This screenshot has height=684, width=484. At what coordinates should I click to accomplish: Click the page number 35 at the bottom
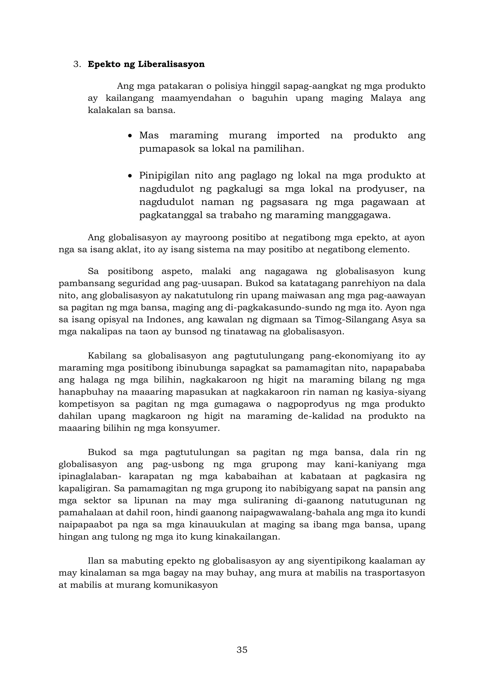tap(242, 650)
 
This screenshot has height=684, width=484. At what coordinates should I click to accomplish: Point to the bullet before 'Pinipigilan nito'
tap(130, 176)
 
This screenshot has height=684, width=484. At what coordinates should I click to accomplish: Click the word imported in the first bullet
tap(298, 136)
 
